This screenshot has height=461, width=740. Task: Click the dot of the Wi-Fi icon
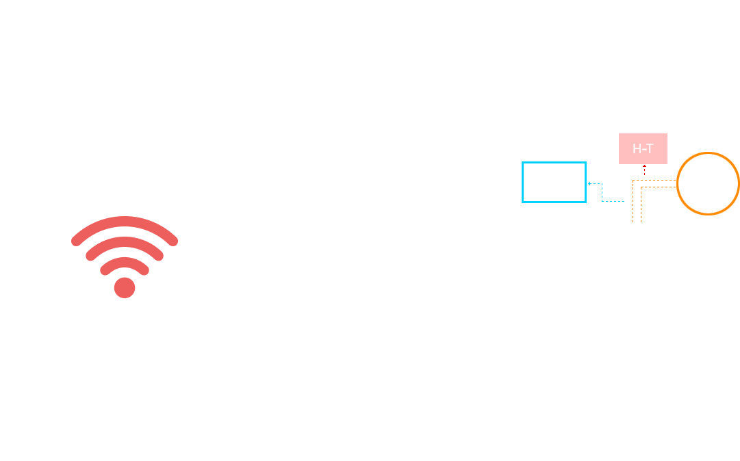(125, 287)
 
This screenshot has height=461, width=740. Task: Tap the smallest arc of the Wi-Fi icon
(125, 262)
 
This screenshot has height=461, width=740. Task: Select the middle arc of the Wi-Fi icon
(125, 241)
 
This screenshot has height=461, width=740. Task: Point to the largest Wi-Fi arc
(125, 221)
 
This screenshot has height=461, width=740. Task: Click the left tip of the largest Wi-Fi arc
(75, 241)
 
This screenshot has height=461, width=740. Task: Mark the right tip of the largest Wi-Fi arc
(174, 241)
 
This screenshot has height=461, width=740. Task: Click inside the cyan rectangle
(554, 183)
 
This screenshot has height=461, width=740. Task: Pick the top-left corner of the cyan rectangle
(522, 161)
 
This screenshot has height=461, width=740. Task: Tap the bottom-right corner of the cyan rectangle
(586, 202)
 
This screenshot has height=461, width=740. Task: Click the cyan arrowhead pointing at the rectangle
(589, 183)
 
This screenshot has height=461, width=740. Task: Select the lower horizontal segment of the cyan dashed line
(613, 201)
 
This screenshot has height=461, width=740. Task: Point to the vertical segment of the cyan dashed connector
(602, 192)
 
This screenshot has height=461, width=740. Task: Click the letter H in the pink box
(637, 149)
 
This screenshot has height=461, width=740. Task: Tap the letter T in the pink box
(650, 149)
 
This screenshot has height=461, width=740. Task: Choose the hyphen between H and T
(643, 150)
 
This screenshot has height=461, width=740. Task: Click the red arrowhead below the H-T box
(644, 166)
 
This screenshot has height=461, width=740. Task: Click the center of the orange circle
(708, 183)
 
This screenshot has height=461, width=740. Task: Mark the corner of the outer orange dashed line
(633, 180)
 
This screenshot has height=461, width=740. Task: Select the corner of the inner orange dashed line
(641, 187)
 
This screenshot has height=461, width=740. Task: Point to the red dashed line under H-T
(644, 171)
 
